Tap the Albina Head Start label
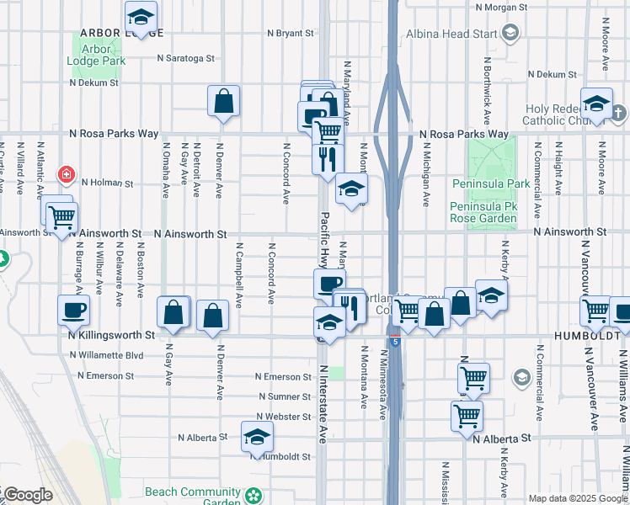(x=453, y=33)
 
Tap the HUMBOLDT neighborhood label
(x=593, y=334)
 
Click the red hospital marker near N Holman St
(x=65, y=175)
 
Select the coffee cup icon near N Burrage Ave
(x=73, y=310)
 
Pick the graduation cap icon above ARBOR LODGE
(x=141, y=16)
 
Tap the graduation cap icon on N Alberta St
(x=257, y=437)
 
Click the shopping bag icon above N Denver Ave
(x=224, y=101)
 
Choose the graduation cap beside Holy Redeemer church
(x=596, y=104)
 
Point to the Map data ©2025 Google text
(x=577, y=497)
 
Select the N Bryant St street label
(x=290, y=34)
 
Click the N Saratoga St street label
(x=187, y=59)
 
